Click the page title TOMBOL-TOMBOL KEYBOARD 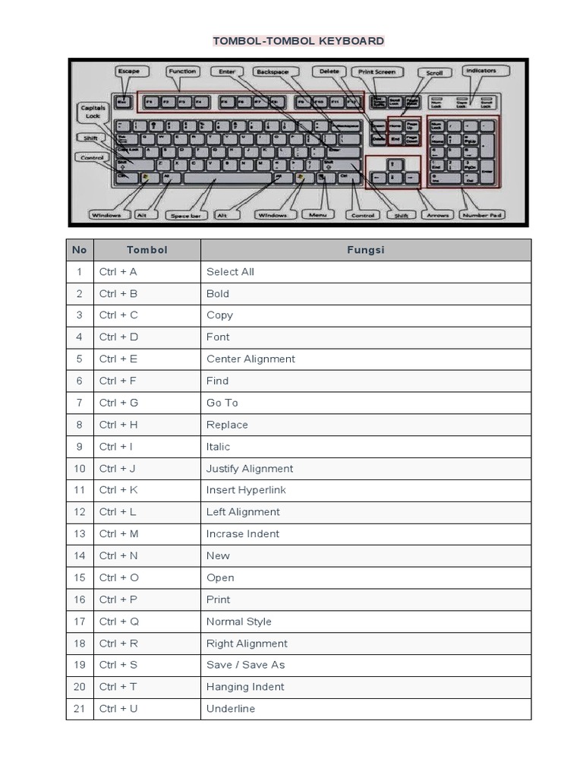[x=298, y=41]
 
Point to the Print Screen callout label [x=377, y=71]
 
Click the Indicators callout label [x=481, y=71]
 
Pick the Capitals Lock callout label [x=93, y=112]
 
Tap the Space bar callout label [x=185, y=216]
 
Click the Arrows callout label [x=438, y=215]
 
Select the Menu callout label [x=317, y=215]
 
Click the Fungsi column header [x=365, y=250]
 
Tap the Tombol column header [x=147, y=250]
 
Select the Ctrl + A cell [x=118, y=272]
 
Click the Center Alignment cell [x=251, y=359]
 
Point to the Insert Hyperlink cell [x=246, y=490]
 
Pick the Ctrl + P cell [x=118, y=599]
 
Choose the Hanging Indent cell [x=245, y=687]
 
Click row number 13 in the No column [x=80, y=534]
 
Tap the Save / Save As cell [x=245, y=665]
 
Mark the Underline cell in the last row [x=231, y=709]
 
